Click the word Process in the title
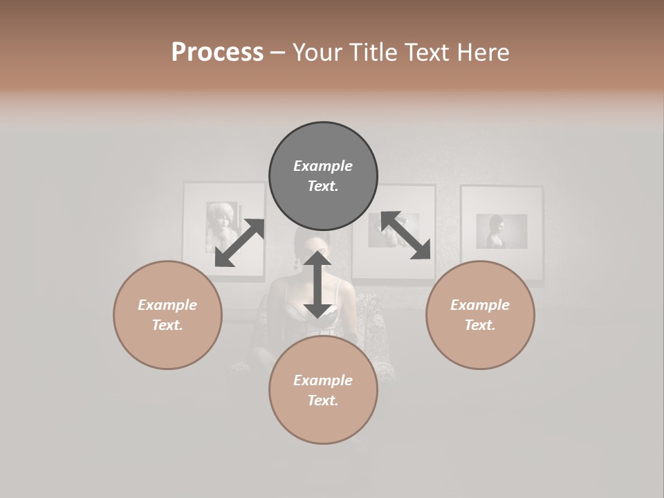click(217, 53)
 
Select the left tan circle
click(167, 315)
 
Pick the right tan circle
click(480, 315)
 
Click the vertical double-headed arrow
click(317, 284)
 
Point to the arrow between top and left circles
click(240, 243)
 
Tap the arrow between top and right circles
click(406, 236)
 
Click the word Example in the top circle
click(323, 166)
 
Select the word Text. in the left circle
click(167, 325)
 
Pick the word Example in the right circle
click(480, 305)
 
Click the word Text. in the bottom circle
click(323, 400)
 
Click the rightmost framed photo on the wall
click(501, 232)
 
